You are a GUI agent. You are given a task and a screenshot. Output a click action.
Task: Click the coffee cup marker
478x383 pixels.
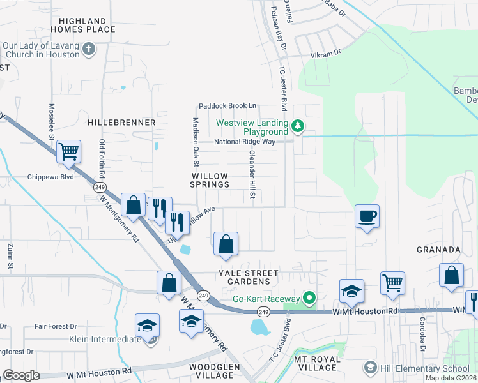tap(367, 216)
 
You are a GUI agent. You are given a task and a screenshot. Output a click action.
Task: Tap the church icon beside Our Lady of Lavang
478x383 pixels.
tap(89, 48)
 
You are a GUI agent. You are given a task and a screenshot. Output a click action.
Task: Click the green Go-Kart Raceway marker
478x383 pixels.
tap(309, 298)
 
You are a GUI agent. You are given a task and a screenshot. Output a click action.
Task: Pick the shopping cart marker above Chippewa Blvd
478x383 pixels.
tap(68, 152)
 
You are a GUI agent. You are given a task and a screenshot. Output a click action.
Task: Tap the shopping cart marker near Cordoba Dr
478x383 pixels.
tap(392, 282)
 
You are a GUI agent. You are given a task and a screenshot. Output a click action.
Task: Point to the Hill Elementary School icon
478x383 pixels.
tap(369, 368)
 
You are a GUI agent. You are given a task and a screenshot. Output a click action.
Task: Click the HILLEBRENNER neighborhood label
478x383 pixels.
tap(121, 122)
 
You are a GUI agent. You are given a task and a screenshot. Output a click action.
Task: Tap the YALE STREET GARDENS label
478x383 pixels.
tap(249, 277)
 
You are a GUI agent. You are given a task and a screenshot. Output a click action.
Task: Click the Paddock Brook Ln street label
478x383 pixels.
tap(227, 105)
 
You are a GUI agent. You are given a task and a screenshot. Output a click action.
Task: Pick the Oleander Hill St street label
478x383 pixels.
tap(252, 175)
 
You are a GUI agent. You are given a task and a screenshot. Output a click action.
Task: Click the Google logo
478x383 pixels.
tap(22, 375)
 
